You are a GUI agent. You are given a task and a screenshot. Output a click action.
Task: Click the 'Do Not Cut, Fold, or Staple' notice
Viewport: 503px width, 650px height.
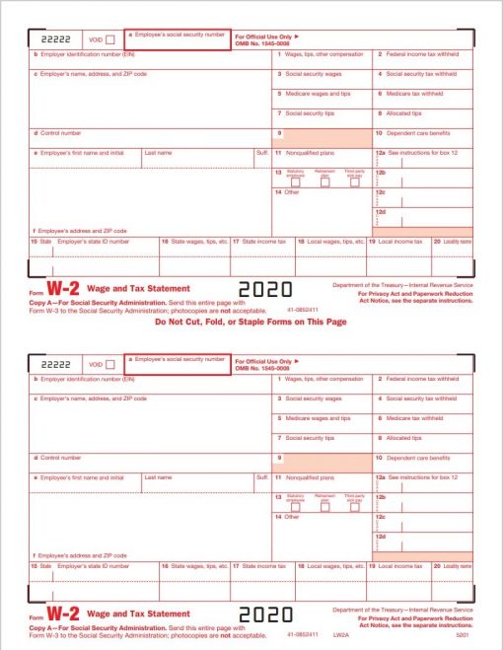[x=251, y=322]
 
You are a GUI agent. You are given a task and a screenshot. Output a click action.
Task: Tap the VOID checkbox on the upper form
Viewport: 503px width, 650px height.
[x=109, y=39]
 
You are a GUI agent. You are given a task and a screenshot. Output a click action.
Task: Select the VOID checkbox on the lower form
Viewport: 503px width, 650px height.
[x=109, y=364]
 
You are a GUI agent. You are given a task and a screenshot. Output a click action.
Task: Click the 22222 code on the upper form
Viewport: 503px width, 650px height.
[x=49, y=39]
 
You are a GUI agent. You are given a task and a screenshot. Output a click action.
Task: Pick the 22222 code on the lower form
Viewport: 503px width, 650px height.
[x=49, y=364]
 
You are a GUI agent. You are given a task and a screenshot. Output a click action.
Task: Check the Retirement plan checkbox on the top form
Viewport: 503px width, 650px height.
[x=324, y=181]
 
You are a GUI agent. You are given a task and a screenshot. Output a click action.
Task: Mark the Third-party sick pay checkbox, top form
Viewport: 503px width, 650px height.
[x=354, y=181]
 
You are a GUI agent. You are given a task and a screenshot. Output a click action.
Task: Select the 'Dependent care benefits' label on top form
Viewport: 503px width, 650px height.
[x=417, y=132]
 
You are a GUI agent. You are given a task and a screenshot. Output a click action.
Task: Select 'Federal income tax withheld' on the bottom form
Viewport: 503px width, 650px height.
[x=421, y=379]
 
